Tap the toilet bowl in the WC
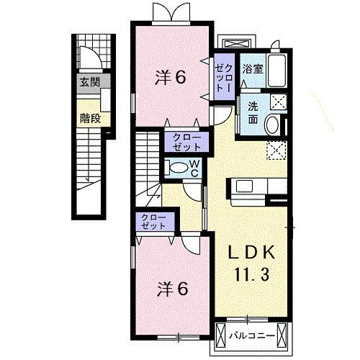click(176, 168)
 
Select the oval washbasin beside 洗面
click(272, 125)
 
